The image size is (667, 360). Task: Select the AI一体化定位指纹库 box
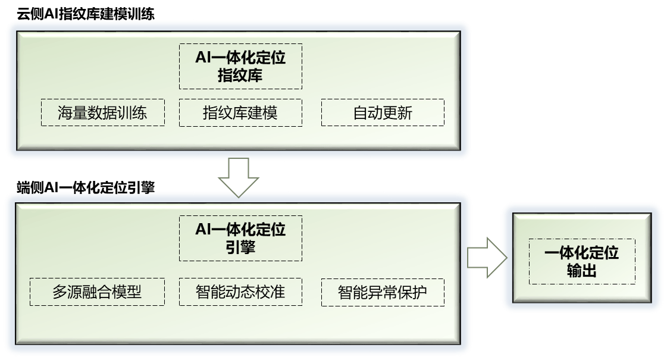tap(240, 66)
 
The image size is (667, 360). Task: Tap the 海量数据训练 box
tap(102, 112)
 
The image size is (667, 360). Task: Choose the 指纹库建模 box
tap(240, 112)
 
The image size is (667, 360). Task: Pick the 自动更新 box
tap(383, 112)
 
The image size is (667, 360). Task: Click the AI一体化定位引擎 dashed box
tap(240, 238)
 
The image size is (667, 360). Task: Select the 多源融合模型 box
tap(97, 292)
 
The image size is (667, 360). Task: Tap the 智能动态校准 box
tap(240, 292)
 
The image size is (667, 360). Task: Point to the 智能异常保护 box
tap(383, 292)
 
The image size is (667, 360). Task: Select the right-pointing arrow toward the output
tap(486, 257)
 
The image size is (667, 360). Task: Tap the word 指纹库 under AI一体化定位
tap(240, 76)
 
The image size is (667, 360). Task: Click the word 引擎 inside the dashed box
tap(240, 247)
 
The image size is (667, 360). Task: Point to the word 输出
tap(581, 271)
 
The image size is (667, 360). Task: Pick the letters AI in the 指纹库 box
tap(203, 58)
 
